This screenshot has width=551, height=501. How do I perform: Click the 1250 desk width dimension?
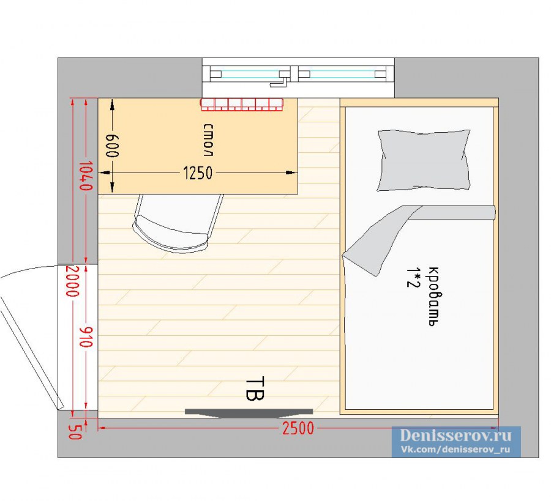198,173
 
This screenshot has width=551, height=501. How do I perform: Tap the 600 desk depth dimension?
112,146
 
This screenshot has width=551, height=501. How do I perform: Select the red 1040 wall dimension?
85,176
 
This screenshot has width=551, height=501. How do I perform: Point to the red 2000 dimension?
72,281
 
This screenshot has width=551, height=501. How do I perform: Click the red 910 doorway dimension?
86,337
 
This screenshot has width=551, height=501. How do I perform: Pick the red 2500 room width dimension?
298,428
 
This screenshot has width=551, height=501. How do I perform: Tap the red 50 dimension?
75,432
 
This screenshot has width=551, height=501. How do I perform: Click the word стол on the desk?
208,139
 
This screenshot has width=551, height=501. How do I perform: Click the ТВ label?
255,389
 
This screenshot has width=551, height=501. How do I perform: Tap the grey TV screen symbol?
249,413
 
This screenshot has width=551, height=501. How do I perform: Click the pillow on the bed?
424,160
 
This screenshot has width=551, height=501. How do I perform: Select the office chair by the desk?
178,223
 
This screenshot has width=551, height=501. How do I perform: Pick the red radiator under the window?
242,105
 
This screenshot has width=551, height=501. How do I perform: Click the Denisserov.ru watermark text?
455,436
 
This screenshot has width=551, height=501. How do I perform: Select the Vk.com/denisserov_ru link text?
455,450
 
